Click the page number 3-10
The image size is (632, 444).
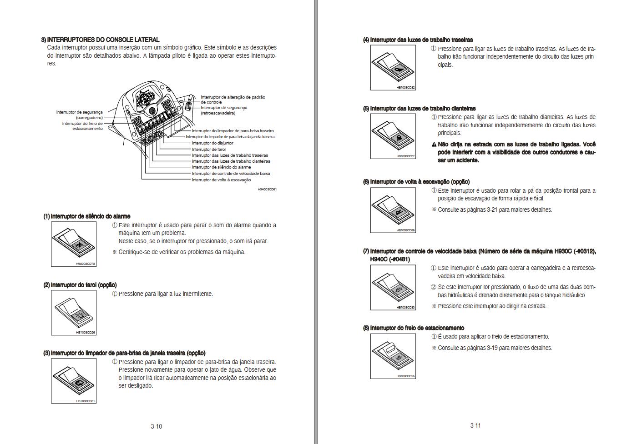(x=156, y=426)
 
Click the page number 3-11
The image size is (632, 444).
(x=475, y=425)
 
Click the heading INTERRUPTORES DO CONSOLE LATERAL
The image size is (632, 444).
(x=103, y=40)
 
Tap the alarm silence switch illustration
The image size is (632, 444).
(x=74, y=244)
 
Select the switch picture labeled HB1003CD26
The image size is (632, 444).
(x=74, y=313)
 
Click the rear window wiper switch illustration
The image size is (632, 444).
(x=74, y=381)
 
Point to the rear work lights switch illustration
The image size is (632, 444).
(x=393, y=67)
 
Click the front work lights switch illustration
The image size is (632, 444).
(x=393, y=136)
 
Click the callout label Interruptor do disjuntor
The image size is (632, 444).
(x=212, y=143)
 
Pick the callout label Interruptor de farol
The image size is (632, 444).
(x=208, y=149)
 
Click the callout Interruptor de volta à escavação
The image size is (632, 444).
(x=221, y=180)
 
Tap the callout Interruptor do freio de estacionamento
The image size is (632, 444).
(x=82, y=126)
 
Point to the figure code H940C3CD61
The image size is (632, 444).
(x=267, y=189)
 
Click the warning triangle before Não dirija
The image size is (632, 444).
(x=434, y=145)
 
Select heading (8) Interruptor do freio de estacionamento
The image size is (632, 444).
(x=417, y=328)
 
